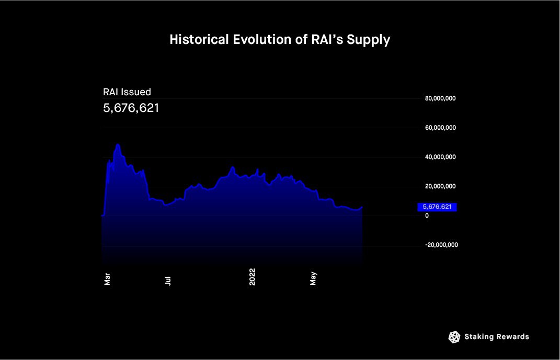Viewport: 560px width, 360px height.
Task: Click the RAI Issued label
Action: (x=127, y=92)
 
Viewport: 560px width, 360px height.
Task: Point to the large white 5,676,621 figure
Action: (x=131, y=108)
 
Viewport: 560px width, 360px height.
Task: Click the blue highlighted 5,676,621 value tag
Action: (x=437, y=207)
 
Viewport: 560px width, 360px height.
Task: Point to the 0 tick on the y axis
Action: (x=427, y=216)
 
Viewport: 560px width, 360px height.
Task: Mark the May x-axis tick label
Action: (x=313, y=279)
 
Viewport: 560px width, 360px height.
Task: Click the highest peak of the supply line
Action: (x=118, y=144)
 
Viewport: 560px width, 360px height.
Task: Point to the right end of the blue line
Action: (x=362, y=207)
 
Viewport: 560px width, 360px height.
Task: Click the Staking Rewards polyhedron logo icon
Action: (x=454, y=337)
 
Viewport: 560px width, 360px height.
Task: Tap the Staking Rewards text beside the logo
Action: (x=497, y=337)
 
